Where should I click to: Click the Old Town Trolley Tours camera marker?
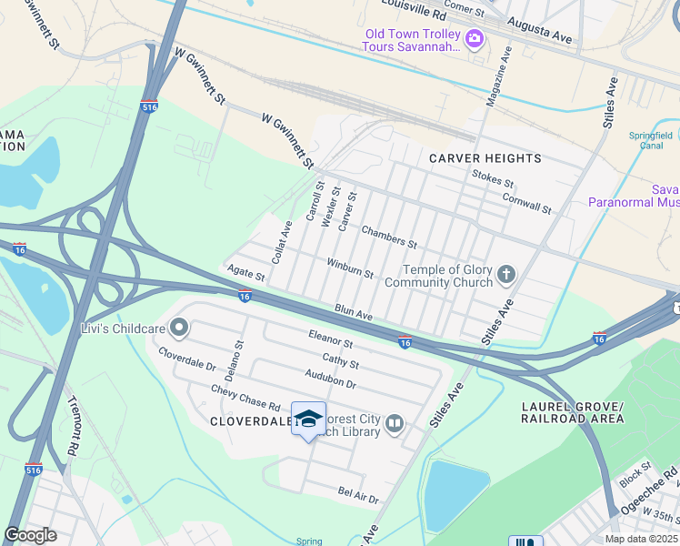pos(473,39)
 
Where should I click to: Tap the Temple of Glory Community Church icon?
pos(506,273)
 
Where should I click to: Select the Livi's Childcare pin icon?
pos(179,327)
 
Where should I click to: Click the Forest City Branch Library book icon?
pos(395,423)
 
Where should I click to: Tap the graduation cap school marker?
pos(308,419)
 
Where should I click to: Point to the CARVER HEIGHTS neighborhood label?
pos(485,158)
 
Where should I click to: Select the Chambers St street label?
pos(388,238)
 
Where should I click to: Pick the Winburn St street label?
pos(350,268)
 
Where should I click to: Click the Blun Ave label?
pos(354,313)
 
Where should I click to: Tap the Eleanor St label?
pos(330,339)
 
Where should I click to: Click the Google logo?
pos(30,535)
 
